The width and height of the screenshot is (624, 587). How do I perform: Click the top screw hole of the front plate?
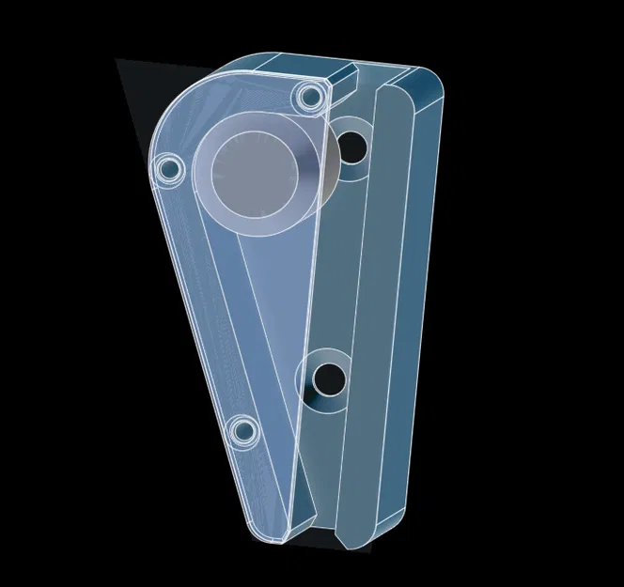click(x=308, y=96)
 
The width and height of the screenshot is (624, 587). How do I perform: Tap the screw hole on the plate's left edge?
click(x=169, y=169)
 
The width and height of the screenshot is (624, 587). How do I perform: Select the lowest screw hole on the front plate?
click(x=244, y=431)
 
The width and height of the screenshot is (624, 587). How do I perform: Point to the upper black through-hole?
click(x=352, y=147)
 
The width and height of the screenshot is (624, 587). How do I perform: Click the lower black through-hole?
click(x=328, y=378)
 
